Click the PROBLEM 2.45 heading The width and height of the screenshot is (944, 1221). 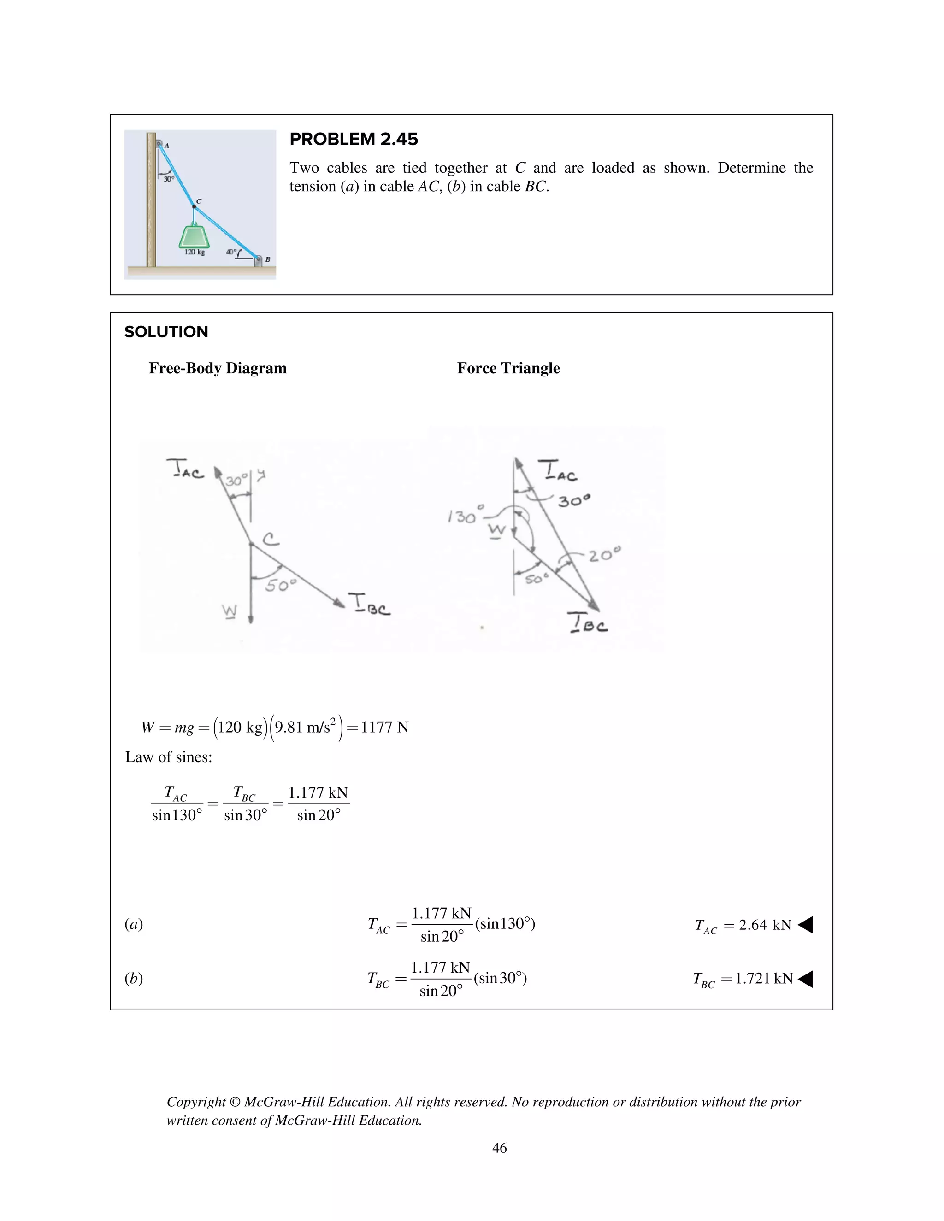point(354,139)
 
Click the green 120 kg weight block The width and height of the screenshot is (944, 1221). point(194,235)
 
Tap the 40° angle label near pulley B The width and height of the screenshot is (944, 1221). point(231,252)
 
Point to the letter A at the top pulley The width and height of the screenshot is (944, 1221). point(167,145)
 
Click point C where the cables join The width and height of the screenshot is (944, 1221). point(194,206)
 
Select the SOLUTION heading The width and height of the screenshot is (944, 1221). point(166,332)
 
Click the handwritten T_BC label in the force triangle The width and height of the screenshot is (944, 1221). point(587,623)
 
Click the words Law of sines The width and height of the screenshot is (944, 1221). point(168,757)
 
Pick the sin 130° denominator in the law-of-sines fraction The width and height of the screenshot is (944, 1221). point(177,815)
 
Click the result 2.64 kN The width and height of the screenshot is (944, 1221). point(765,925)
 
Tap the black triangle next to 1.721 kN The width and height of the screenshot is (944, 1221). point(805,979)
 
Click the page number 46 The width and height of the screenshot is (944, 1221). point(499,1148)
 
